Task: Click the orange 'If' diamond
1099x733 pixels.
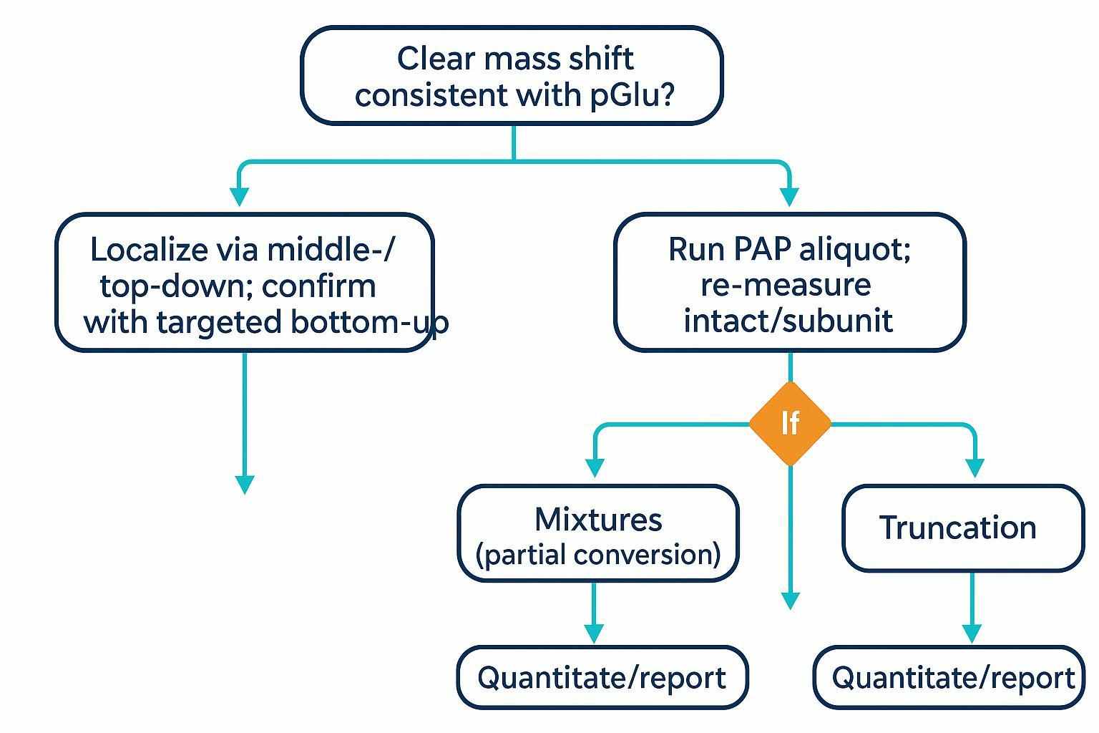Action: tap(790, 424)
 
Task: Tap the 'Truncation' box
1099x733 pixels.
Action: tap(962, 528)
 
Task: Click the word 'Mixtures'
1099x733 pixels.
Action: tap(598, 519)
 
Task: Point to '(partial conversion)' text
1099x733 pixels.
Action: tap(598, 555)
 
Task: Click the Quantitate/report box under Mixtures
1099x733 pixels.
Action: tap(601, 677)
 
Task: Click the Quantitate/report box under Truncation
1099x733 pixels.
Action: tap(952, 677)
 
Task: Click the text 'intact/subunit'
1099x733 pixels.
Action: tap(788, 320)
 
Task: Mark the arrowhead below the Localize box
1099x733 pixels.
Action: tap(245, 484)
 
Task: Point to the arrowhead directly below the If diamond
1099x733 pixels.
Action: tap(790, 600)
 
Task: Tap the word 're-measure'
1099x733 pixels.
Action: tap(786, 285)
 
